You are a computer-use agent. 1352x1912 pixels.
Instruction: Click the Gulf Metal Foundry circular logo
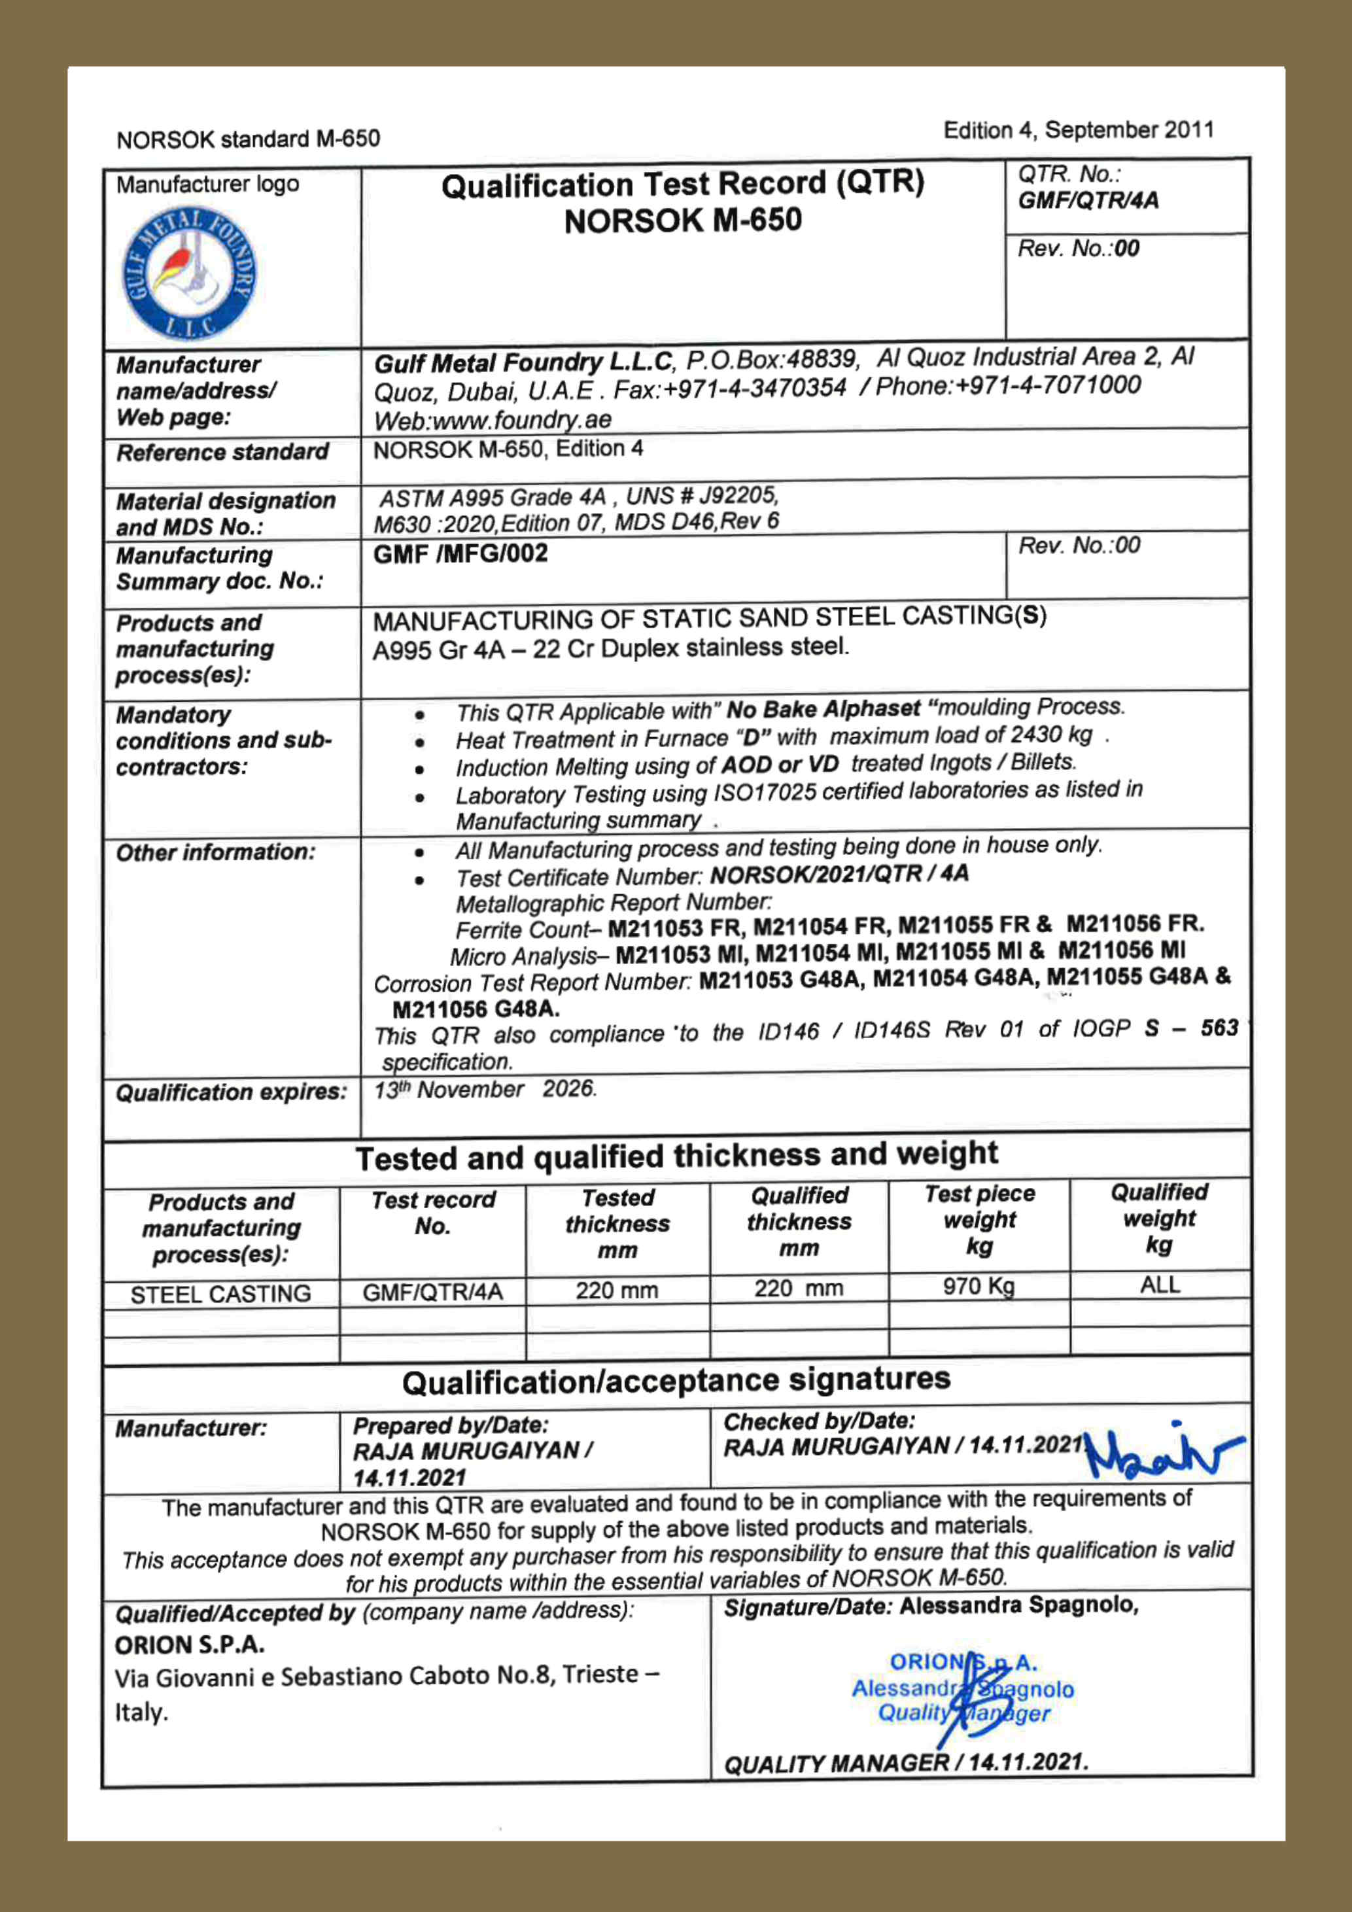pos(190,274)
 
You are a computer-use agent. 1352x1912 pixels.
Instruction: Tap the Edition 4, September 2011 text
pos(1078,130)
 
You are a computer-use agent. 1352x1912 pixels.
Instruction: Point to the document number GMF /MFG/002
pos(460,554)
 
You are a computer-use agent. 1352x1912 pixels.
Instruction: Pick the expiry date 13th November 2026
pos(485,1090)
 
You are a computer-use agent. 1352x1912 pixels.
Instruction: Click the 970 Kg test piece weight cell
pos(979,1287)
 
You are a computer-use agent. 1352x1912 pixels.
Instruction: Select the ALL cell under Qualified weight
pos(1160,1285)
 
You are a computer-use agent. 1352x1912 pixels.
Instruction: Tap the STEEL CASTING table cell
pos(220,1294)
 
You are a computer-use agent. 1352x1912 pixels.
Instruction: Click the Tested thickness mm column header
pos(617,1223)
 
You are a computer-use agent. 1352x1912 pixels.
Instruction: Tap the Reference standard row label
pos(222,452)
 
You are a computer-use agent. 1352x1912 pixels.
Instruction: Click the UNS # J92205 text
pos(702,496)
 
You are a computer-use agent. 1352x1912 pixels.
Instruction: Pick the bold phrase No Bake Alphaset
pos(823,708)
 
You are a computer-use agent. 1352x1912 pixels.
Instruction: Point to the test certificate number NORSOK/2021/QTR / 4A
pos(839,875)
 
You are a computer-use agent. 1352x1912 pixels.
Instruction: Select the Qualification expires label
pos(231,1092)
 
